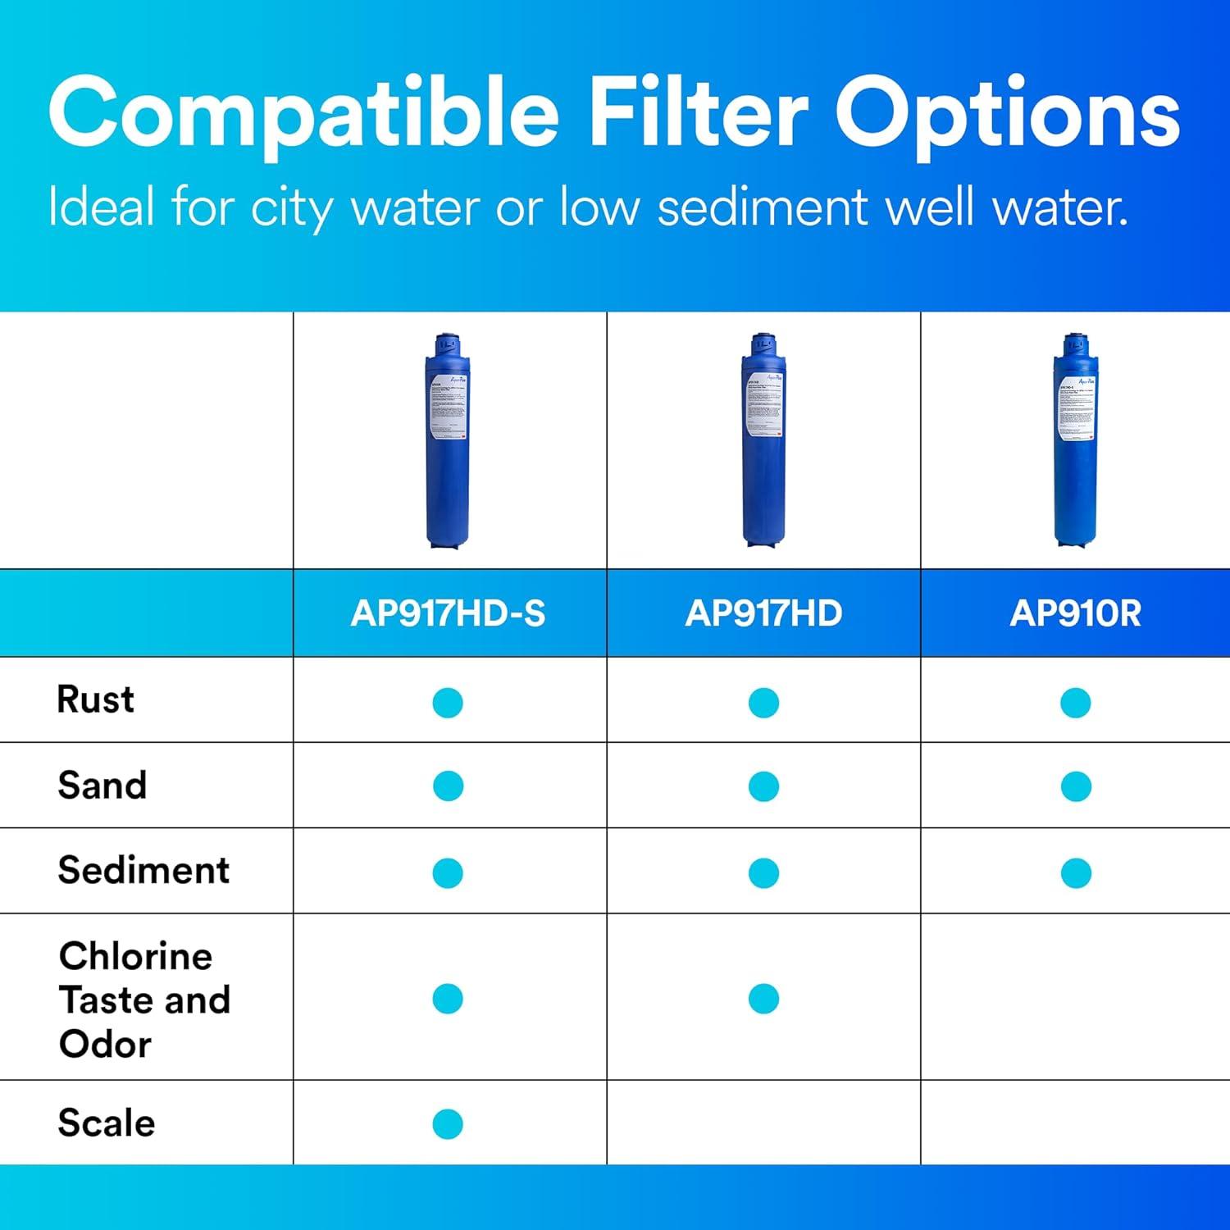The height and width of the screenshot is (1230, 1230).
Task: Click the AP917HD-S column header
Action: click(448, 613)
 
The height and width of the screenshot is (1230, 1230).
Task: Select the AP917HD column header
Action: click(763, 613)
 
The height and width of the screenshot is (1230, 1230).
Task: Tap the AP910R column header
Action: click(1075, 613)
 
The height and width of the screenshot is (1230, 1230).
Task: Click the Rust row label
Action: click(95, 699)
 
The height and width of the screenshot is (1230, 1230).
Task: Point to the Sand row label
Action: click(102, 785)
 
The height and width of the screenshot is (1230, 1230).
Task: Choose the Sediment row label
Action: click(143, 870)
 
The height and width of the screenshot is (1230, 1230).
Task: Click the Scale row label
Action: click(107, 1123)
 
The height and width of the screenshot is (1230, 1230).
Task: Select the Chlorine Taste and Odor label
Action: click(144, 1000)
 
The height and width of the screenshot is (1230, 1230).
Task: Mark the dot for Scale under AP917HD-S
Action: click(448, 1123)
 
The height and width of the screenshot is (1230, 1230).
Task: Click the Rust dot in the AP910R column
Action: click(1075, 703)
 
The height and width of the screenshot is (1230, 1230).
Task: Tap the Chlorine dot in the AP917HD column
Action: click(763, 999)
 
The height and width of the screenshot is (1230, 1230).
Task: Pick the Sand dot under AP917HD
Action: click(763, 786)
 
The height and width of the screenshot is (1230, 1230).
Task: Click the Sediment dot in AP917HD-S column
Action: click(448, 872)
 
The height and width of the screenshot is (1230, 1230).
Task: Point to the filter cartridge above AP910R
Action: click(1075, 441)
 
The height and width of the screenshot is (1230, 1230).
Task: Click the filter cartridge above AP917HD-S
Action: click(448, 441)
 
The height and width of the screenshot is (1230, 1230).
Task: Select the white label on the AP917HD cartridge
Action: click(763, 408)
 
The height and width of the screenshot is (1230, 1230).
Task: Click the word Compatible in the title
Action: click(303, 115)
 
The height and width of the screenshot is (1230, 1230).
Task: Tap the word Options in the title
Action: click(1007, 115)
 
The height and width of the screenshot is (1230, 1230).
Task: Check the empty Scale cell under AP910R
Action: click(1075, 1123)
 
